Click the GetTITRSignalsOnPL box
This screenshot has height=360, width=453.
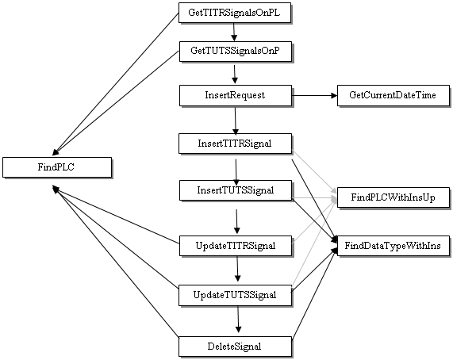coord(235,13)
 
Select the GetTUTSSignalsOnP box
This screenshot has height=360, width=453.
coord(236,52)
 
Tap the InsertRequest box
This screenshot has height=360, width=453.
coord(236,95)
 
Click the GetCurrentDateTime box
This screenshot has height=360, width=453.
coord(393,95)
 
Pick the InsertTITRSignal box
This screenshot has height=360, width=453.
coord(235,144)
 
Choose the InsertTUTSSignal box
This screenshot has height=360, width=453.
coord(236,190)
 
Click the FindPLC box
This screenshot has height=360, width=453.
coord(57,167)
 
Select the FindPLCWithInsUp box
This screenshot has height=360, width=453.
coord(393,197)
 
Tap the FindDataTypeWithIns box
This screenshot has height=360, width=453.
coord(393,246)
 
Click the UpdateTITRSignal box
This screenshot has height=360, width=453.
coord(236,246)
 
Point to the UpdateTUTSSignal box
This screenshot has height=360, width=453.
coord(235,295)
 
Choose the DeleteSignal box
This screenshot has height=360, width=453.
coord(235,347)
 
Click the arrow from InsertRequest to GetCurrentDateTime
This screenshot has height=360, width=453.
coord(314,95)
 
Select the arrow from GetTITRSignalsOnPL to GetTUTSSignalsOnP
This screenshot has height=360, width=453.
coord(234,32)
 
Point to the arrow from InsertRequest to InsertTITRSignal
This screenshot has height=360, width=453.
coord(236,121)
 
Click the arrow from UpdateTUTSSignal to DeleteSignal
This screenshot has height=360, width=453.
coord(238,320)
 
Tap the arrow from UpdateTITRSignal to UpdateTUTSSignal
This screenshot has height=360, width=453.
coord(237,269)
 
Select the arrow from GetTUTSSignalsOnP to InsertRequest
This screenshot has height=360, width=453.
coord(235,75)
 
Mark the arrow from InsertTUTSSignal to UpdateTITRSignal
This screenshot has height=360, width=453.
coord(236,221)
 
